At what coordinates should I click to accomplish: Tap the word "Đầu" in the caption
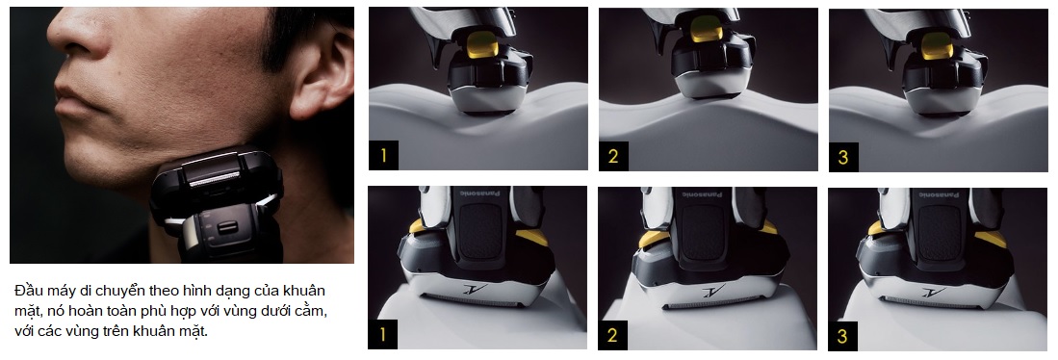pos(27,292)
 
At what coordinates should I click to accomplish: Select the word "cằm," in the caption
pos(313,312)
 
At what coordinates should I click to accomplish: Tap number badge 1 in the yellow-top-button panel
pos(383,156)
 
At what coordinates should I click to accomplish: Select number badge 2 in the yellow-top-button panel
pos(613,156)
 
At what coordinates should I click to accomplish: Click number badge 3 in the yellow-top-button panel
pos(843,157)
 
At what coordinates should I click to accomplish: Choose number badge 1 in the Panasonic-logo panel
pos(382,335)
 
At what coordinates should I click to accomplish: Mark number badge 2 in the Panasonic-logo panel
pos(612,335)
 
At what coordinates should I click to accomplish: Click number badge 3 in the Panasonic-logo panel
pos(842,336)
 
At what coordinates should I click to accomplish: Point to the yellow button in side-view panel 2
pos(707,28)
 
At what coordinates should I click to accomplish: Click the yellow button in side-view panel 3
pos(938,45)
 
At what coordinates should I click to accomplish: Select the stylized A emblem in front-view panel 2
pos(710,292)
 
